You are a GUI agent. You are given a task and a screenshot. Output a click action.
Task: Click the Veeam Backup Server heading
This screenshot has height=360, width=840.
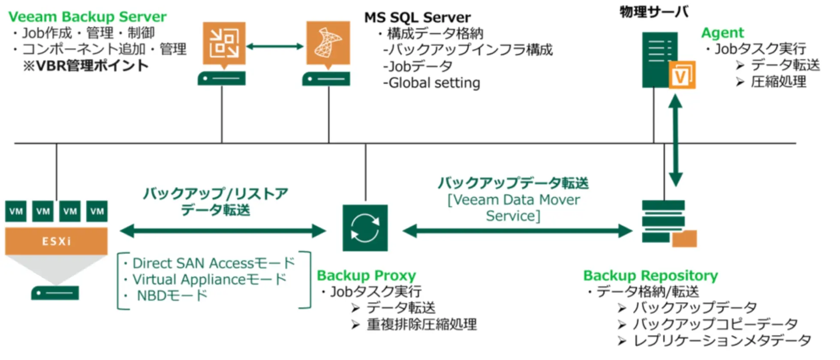pyautogui.click(x=87, y=17)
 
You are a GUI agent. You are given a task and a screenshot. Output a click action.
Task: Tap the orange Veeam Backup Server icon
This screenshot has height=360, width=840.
pyautogui.click(x=224, y=43)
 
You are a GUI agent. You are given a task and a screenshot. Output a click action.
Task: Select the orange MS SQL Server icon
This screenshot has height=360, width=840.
pyautogui.click(x=328, y=43)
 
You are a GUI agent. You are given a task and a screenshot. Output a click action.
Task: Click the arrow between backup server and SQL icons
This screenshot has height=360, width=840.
pyautogui.click(x=275, y=46)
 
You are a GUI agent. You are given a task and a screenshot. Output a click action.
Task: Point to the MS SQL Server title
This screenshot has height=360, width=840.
pyautogui.click(x=417, y=17)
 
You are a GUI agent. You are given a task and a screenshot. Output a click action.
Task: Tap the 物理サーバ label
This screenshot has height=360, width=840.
pyautogui.click(x=654, y=12)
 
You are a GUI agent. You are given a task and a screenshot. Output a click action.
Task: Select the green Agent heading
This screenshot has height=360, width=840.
pyautogui.click(x=723, y=33)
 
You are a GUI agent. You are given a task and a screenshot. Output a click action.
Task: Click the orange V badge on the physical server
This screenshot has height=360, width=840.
pyautogui.click(x=682, y=75)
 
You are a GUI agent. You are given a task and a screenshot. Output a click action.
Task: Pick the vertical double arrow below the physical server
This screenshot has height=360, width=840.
pyautogui.click(x=675, y=140)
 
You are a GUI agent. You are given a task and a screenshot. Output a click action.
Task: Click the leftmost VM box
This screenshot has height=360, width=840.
pyautogui.click(x=16, y=211)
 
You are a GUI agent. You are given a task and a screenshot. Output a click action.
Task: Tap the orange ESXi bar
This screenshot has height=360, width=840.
pyautogui.click(x=56, y=241)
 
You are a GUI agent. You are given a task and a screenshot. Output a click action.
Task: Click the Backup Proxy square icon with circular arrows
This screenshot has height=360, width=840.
pyautogui.click(x=365, y=228)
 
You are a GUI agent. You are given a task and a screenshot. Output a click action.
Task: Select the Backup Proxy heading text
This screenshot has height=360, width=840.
pyautogui.click(x=366, y=275)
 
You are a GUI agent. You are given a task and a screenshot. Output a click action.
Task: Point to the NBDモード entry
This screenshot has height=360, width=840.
pyautogui.click(x=172, y=295)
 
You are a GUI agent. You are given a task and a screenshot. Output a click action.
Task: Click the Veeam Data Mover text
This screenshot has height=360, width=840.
pyautogui.click(x=514, y=200)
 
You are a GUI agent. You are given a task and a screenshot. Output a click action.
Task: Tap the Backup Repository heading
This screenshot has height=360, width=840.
pyautogui.click(x=650, y=275)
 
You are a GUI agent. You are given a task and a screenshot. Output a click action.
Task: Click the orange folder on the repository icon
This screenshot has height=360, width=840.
pyautogui.click(x=684, y=239)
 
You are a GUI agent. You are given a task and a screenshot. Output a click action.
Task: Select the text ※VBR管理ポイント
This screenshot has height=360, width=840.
pyautogui.click(x=86, y=66)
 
